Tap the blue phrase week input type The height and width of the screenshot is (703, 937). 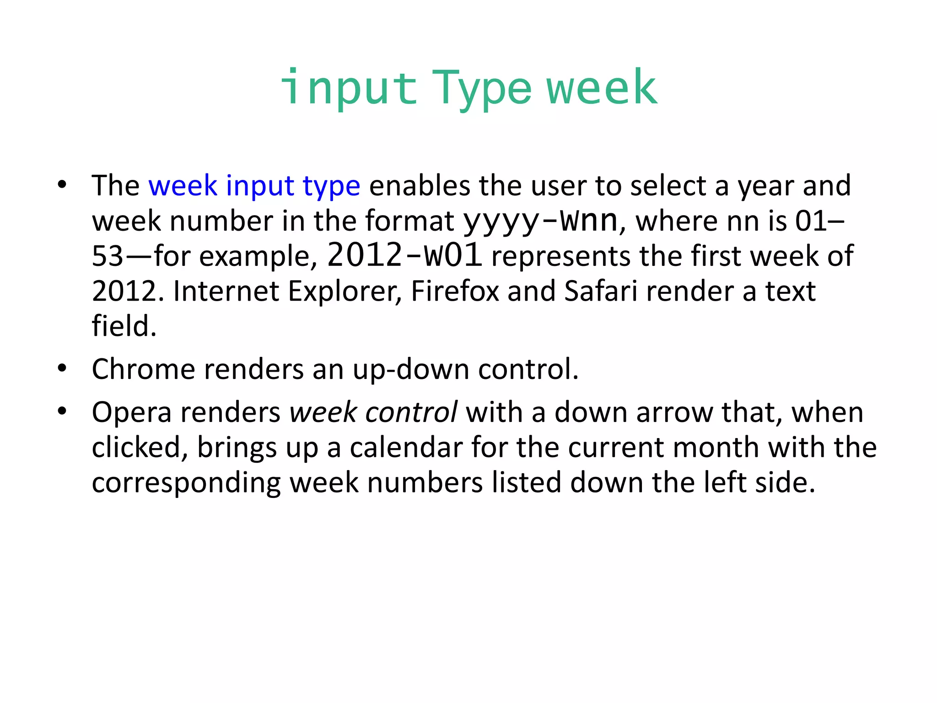click(x=254, y=186)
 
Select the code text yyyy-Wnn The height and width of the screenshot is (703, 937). click(x=540, y=221)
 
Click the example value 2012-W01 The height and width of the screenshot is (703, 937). click(x=404, y=256)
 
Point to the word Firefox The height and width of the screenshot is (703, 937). click(x=455, y=291)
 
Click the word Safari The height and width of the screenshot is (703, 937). click(x=601, y=291)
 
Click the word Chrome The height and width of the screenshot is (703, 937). click(x=143, y=369)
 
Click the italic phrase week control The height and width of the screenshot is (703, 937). click(x=373, y=412)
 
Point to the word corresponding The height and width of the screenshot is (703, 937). click(x=186, y=482)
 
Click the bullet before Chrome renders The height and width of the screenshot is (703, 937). click(x=62, y=368)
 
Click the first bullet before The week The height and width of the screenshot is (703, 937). click(x=62, y=185)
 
